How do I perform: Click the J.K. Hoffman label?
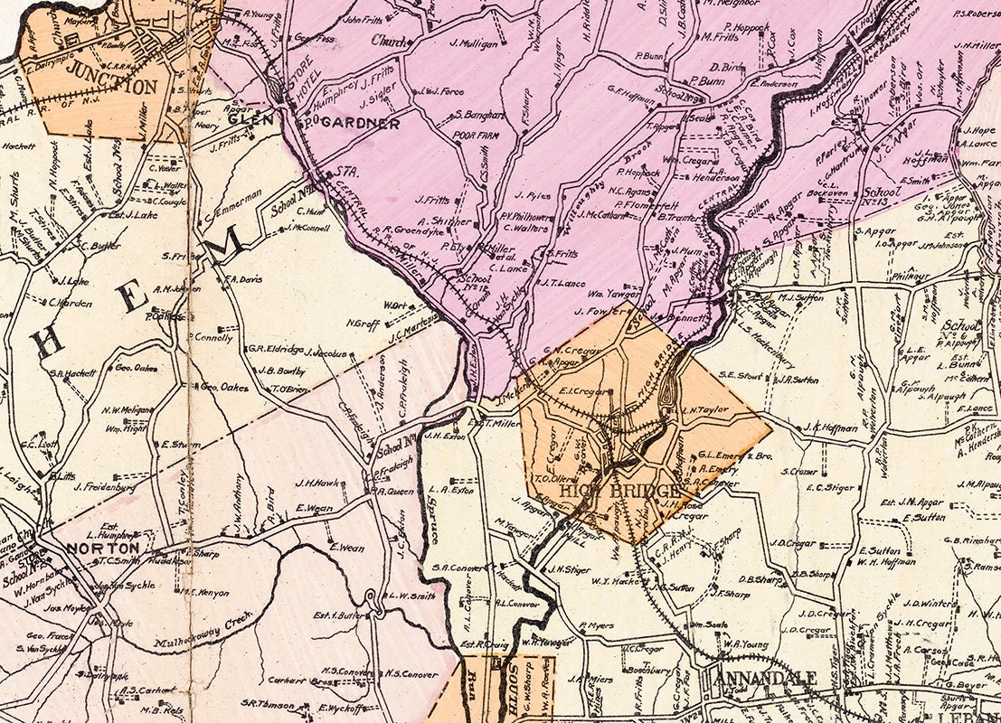click(x=830, y=427)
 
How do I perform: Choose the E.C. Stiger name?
click(x=829, y=488)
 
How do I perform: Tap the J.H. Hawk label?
click(x=316, y=483)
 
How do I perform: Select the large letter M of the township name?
click(x=227, y=242)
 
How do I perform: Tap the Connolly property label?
click(x=213, y=337)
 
